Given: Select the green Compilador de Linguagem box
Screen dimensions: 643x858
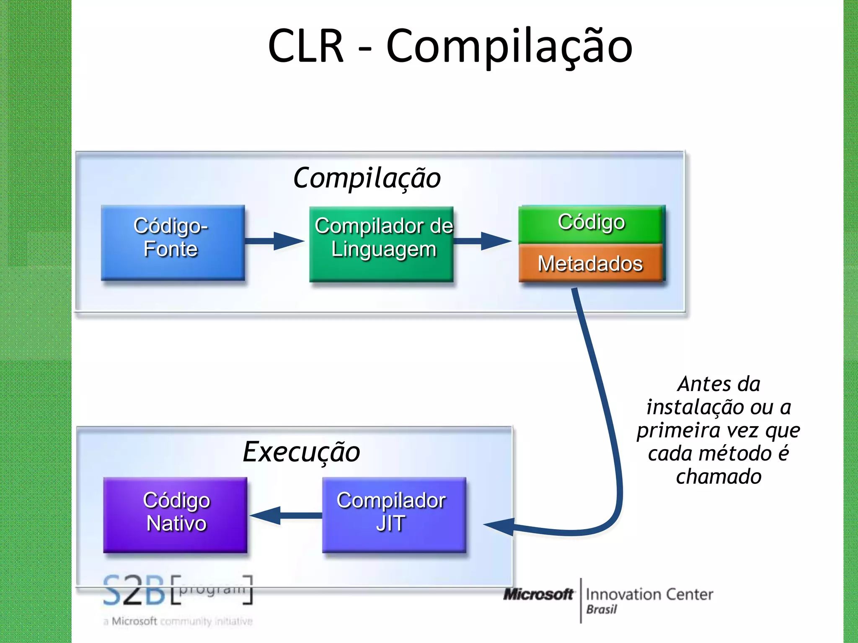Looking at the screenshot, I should tap(381, 244).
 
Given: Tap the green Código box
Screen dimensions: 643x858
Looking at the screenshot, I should tap(591, 224).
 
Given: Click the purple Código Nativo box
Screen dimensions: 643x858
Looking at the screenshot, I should tap(176, 514).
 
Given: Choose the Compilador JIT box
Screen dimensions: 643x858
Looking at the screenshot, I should tap(394, 514).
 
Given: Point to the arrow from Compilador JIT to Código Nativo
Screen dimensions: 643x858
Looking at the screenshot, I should tap(285, 515).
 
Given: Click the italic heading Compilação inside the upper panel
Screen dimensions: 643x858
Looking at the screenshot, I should tap(367, 178).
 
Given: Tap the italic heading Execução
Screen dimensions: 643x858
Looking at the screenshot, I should tap(301, 452).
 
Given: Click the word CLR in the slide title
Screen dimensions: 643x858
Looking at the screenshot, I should tap(305, 46).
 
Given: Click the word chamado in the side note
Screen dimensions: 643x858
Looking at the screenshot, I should tap(718, 477).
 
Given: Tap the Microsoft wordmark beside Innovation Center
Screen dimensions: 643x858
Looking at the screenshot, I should tap(538, 594).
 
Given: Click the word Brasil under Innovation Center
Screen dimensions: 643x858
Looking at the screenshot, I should tap(601, 610).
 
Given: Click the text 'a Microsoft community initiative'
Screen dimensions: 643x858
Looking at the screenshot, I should tap(178, 621).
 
